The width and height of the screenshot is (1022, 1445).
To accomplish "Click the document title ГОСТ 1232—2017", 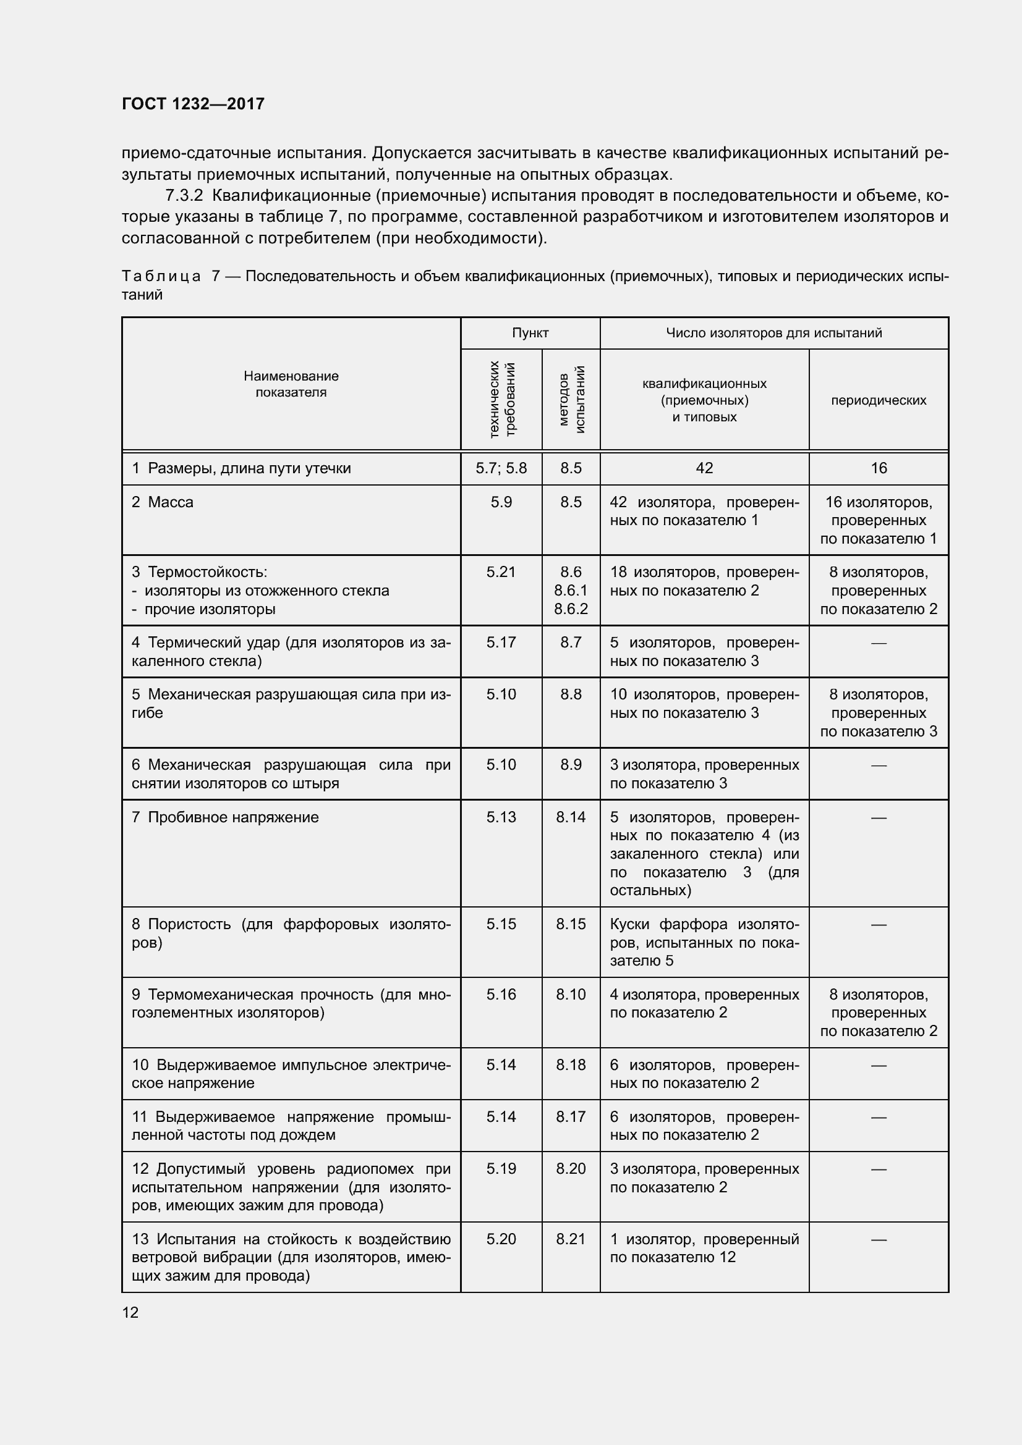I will point(193,104).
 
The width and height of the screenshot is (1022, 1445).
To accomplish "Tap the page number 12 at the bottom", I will point(130,1312).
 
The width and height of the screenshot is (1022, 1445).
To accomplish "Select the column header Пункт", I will point(530,333).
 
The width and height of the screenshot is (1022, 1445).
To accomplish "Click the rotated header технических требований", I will point(502,399).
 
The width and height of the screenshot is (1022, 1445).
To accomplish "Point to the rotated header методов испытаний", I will point(571,399).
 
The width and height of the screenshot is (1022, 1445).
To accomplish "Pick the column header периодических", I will point(879,400).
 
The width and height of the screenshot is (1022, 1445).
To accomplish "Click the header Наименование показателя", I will point(291,384).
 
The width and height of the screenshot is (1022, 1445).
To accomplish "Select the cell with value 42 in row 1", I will point(704,468).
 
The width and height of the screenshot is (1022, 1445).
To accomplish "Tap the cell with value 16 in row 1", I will point(879,468).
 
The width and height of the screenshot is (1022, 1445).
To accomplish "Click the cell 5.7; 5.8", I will point(501,468).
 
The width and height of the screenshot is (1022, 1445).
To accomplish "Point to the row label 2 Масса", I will point(163,502).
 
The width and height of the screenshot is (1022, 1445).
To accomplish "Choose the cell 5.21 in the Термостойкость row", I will point(501,572).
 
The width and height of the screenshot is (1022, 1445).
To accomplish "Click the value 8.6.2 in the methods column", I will point(571,609).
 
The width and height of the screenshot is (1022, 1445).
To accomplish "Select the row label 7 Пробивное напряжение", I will point(226,817).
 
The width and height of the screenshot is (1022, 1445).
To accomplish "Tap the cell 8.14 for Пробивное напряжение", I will point(571,817).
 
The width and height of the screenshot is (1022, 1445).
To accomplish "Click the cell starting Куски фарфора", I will point(704,942).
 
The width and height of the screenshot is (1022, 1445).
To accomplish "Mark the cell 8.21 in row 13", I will point(571,1239).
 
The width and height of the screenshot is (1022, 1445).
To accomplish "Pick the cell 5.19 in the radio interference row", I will point(501,1168).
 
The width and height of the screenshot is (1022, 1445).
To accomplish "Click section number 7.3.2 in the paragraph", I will point(184,196).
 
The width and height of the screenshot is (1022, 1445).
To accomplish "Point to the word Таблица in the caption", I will point(161,276).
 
